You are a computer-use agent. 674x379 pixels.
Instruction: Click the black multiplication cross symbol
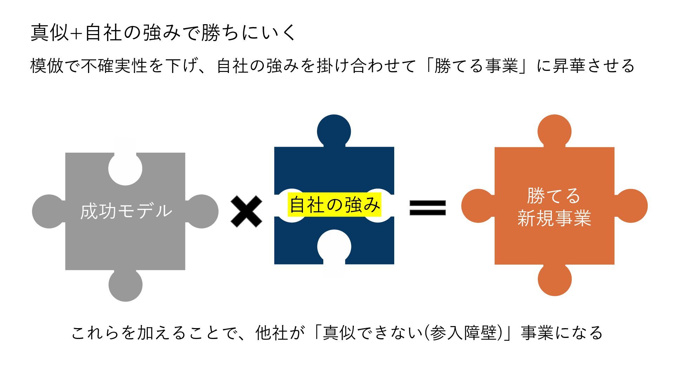click(x=246, y=211)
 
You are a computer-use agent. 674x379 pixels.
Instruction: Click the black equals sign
click(x=428, y=207)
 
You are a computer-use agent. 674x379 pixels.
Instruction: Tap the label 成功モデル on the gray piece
click(x=126, y=211)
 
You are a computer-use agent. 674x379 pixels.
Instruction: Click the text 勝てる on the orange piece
click(x=554, y=195)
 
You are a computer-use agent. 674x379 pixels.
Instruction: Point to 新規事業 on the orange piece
click(x=554, y=218)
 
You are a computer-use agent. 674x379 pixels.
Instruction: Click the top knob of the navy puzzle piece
click(x=334, y=131)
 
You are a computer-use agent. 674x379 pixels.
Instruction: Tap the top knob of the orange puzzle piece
click(x=554, y=131)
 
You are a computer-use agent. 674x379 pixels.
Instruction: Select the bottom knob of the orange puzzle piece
click(x=555, y=279)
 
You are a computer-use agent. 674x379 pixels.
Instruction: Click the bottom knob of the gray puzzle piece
click(x=125, y=285)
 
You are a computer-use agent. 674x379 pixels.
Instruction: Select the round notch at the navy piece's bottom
click(x=334, y=246)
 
